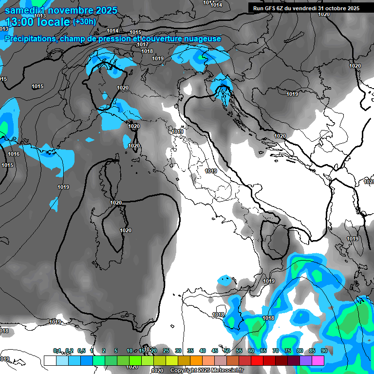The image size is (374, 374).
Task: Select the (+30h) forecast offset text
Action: click(85, 21)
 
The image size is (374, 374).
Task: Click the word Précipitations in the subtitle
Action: click(30, 39)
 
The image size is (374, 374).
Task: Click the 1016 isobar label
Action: click(14, 154)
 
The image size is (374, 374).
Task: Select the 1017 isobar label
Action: click(143, 44)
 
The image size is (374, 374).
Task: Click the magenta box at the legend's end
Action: click(318, 360)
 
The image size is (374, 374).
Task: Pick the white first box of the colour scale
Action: click(50, 360)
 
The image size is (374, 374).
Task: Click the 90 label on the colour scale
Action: click(324, 351)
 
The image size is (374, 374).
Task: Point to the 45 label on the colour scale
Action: click(215, 351)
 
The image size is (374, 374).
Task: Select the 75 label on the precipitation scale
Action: click(288, 351)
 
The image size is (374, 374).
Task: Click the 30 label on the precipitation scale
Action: click(178, 351)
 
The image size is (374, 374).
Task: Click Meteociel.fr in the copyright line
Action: click(231, 371)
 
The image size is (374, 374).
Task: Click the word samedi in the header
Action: click(19, 10)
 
